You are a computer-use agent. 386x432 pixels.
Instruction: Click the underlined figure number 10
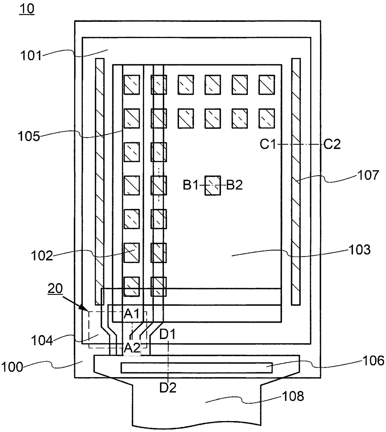tap(27, 9)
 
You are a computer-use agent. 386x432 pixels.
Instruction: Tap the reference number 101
tap(31, 56)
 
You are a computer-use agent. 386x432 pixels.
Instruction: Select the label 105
tap(29, 136)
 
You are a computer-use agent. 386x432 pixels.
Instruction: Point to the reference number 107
tap(368, 175)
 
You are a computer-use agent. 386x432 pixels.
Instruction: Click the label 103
tap(360, 250)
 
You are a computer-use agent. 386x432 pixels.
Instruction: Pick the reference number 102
tap(42, 256)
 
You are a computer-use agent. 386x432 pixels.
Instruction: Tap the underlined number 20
tap(55, 289)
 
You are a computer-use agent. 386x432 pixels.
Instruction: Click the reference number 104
tap(42, 340)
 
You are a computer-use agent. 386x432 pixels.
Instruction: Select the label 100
tap(12, 367)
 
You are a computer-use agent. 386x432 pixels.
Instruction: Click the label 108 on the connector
tap(293, 396)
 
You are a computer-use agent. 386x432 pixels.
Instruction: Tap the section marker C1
tap(268, 144)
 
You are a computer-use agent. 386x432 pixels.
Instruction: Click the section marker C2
tap(332, 144)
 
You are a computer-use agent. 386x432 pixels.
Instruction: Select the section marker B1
tap(191, 185)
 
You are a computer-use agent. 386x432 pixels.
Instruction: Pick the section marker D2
tap(168, 388)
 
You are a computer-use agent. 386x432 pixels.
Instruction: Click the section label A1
tap(132, 314)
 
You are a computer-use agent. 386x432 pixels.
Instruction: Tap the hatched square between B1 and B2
tap(213, 185)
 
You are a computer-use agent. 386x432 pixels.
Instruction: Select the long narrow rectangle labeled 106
tap(197, 368)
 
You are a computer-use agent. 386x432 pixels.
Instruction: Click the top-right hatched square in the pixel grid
tap(266, 85)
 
